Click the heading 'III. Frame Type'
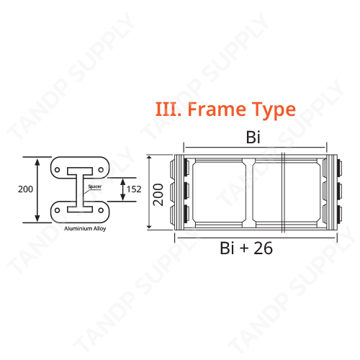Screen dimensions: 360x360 coord(225,109)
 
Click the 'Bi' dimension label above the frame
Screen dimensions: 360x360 coord(253,138)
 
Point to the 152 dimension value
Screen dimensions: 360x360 coord(133,189)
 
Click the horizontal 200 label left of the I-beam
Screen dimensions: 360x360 coord(25,189)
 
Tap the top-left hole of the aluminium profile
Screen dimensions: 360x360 coord(58,169)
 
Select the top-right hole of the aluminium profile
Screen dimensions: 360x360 coord(102,169)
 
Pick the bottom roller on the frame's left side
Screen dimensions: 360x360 coord(183,214)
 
